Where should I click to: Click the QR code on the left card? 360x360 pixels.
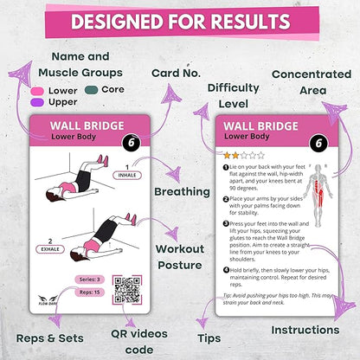127,289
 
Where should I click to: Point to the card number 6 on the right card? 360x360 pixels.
318,144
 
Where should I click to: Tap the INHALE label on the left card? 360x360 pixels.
125,175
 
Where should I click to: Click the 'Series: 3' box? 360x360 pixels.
87,279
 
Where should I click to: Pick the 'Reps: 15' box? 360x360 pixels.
87,295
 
